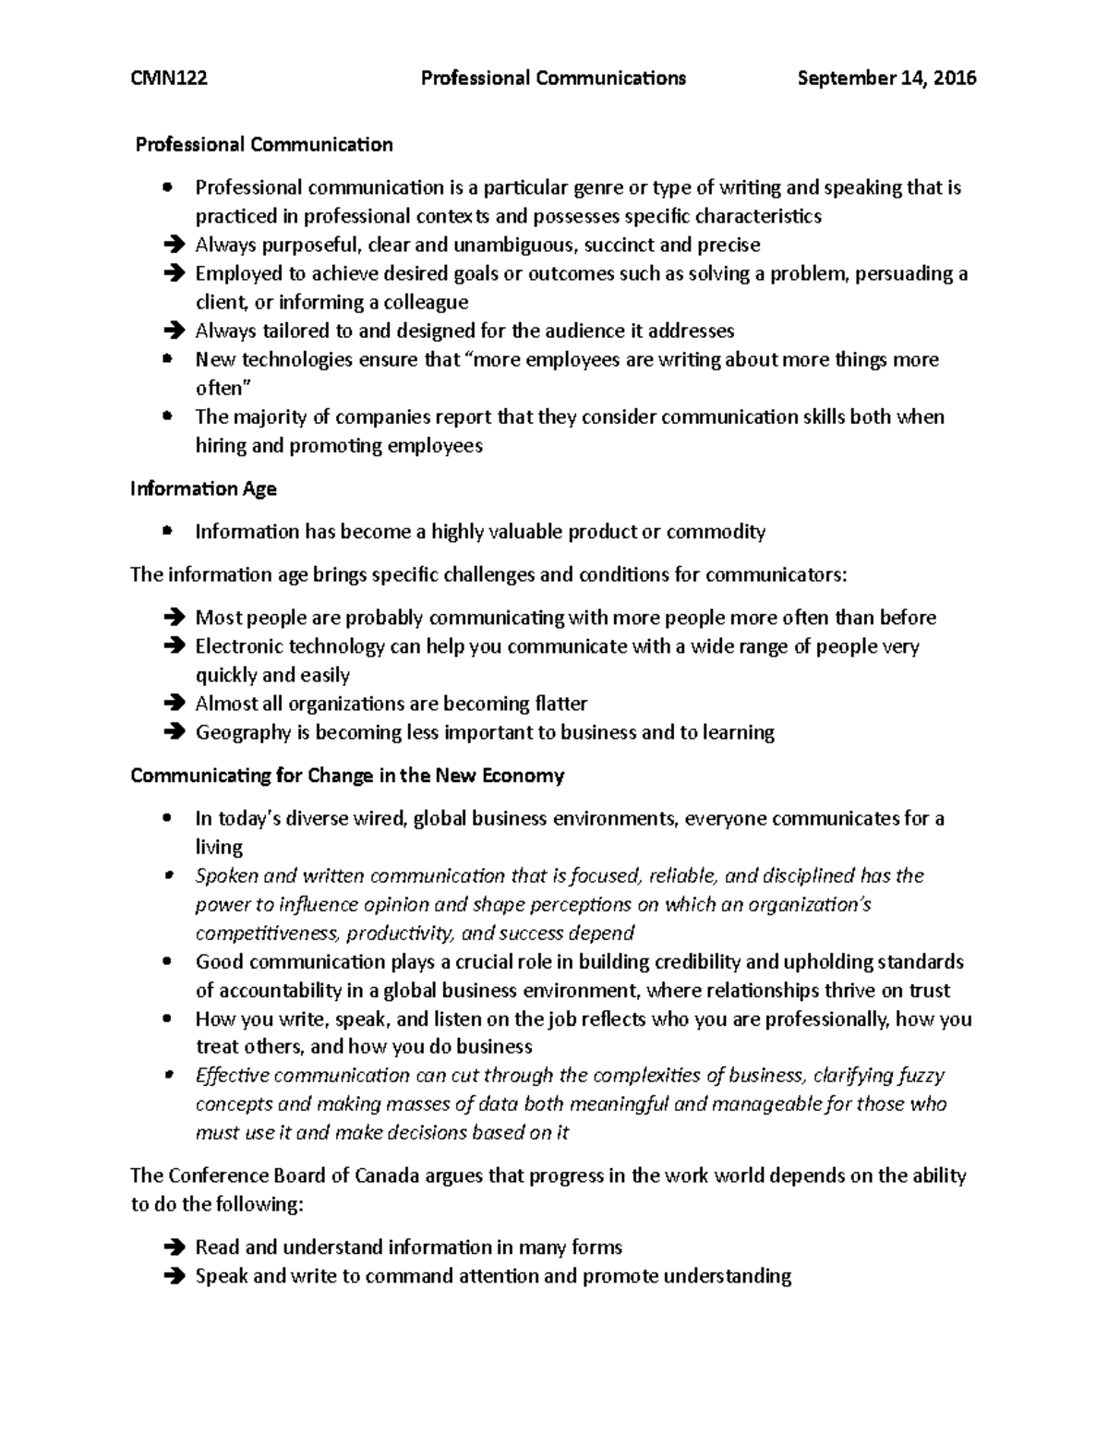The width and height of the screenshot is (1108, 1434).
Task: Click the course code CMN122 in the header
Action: tap(169, 78)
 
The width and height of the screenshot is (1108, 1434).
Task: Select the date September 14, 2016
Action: tap(886, 78)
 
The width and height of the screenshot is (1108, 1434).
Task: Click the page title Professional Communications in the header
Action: tap(553, 78)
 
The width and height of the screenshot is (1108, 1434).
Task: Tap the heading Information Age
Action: tap(203, 488)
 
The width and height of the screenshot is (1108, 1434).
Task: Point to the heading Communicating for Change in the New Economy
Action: tap(347, 776)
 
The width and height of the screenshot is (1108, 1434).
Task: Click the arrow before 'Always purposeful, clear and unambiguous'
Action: tap(172, 246)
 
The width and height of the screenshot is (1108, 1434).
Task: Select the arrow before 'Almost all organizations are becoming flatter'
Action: tap(172, 705)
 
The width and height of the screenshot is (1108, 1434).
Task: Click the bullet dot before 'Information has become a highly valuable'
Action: tap(166, 531)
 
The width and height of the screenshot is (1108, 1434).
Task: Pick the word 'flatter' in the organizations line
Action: tap(560, 704)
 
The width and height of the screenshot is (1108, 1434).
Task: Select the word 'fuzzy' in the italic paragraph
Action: tap(917, 1076)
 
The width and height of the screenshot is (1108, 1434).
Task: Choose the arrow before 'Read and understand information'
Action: tap(172, 1248)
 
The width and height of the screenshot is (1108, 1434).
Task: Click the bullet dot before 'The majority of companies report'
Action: tap(166, 416)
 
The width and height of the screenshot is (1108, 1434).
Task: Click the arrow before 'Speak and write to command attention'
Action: tap(172, 1277)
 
